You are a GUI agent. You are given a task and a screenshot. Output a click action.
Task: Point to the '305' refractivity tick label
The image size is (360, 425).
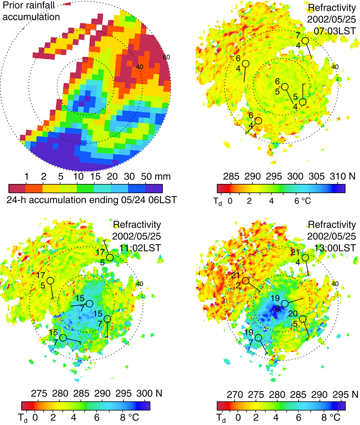point(317,176)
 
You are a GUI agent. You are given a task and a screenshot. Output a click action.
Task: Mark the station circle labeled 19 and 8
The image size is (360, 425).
point(285,304)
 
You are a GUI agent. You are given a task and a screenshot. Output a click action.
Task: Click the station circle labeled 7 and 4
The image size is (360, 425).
point(305,41)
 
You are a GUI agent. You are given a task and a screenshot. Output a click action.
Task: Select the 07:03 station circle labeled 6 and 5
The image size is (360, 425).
point(285,87)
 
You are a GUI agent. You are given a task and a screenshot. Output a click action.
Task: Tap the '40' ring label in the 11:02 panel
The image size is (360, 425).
point(140,284)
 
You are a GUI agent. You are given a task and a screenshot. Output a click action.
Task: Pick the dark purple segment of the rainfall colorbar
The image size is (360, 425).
point(154,188)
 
